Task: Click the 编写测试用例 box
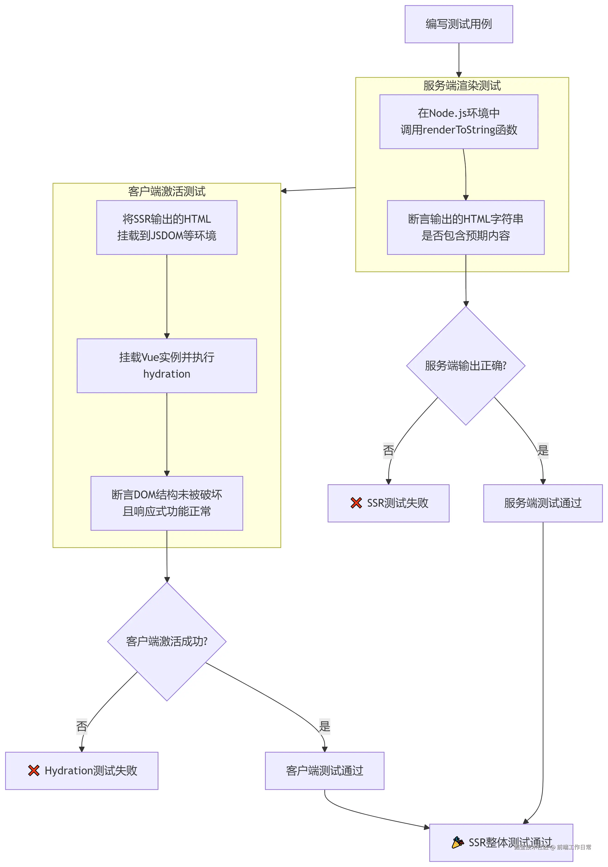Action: point(458,24)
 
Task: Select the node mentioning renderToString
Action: point(458,121)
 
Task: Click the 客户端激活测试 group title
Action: point(167,191)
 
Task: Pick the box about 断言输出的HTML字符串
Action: point(465,227)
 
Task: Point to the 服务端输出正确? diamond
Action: point(465,366)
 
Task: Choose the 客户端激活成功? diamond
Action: point(167,641)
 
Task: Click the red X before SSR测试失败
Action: point(356,503)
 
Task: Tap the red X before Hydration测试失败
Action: point(34,771)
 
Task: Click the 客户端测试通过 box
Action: point(324,771)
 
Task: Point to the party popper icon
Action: point(457,843)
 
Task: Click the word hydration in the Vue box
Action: point(167,374)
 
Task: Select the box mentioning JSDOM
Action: point(167,227)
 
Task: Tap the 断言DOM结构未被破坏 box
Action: point(167,503)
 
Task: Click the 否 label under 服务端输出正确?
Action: point(388,450)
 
